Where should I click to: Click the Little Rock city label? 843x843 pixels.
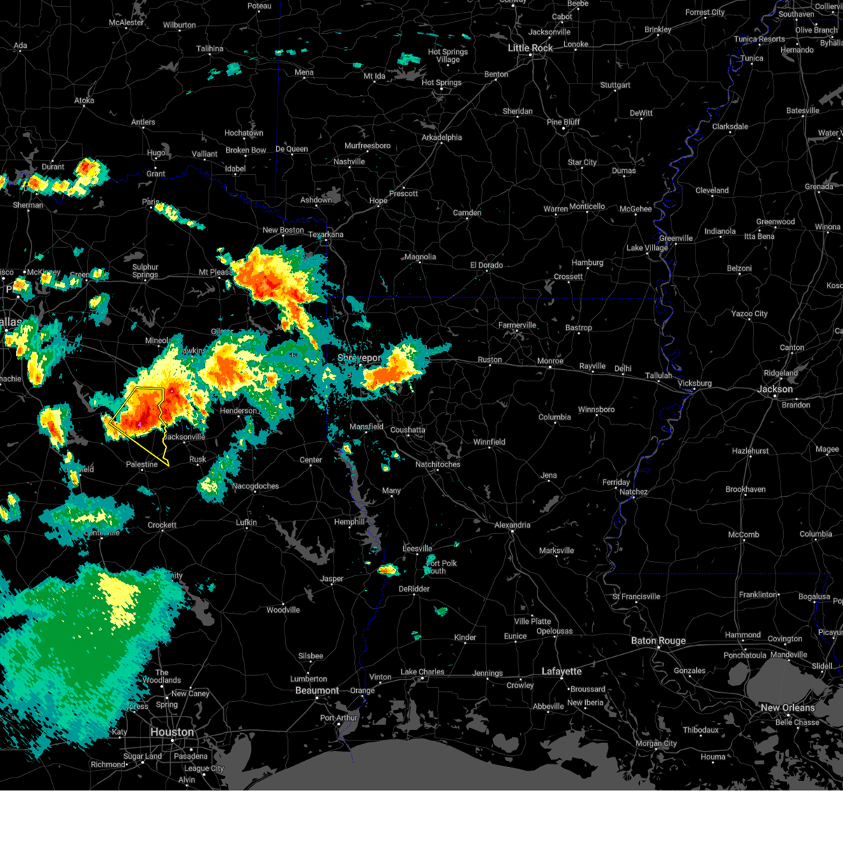click(x=530, y=48)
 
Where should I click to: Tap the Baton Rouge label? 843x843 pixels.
click(x=658, y=641)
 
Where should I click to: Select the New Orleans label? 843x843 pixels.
click(x=788, y=707)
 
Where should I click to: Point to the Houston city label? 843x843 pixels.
click(x=172, y=732)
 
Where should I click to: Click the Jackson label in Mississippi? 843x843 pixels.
click(x=775, y=389)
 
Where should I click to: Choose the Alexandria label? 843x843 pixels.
click(x=512, y=525)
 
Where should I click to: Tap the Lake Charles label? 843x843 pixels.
click(x=422, y=672)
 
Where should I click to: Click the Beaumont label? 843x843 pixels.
click(x=317, y=691)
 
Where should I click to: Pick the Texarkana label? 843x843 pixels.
click(x=325, y=235)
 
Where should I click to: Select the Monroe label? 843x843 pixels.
click(x=550, y=361)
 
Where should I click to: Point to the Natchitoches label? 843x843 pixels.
click(x=438, y=464)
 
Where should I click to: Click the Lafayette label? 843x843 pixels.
click(x=561, y=672)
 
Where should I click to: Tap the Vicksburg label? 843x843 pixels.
click(x=695, y=384)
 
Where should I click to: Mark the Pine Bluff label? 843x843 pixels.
click(x=564, y=122)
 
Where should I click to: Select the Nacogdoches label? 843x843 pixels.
click(x=256, y=486)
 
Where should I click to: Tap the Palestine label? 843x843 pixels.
click(x=142, y=464)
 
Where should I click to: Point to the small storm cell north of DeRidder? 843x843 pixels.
click(x=388, y=570)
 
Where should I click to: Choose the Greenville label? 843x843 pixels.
click(x=676, y=238)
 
